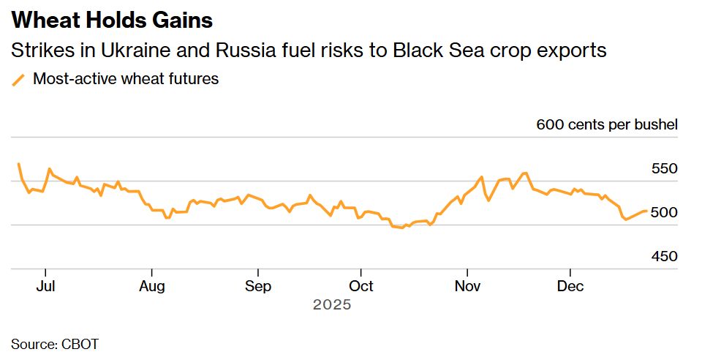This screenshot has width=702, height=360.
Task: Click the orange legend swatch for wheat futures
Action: click(x=18, y=79)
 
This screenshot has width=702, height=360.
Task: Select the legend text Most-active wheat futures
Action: click(x=126, y=79)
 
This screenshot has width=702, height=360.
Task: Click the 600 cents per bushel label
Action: click(x=607, y=124)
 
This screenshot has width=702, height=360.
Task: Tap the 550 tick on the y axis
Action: click(x=664, y=169)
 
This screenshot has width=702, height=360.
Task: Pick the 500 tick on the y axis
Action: click(x=664, y=213)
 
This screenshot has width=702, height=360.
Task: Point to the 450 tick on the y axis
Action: click(x=664, y=257)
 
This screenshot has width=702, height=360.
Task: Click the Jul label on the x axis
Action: click(x=45, y=286)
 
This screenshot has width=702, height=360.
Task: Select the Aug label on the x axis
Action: click(x=151, y=286)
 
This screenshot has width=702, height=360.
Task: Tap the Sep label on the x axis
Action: click(x=257, y=286)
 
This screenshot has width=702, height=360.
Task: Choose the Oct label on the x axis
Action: click(x=361, y=286)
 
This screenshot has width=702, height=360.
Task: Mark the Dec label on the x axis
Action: click(x=570, y=286)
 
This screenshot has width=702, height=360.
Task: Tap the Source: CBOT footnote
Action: click(x=55, y=343)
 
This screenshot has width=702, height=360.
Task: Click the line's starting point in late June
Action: click(x=19, y=164)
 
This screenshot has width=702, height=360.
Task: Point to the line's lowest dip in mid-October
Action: click(x=401, y=228)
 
